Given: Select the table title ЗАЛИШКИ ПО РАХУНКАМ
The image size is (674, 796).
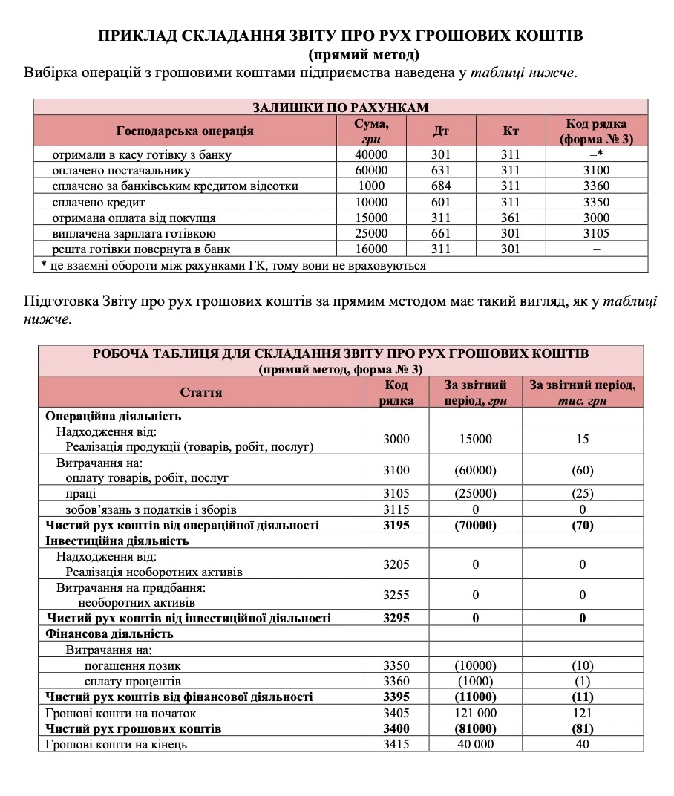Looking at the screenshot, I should pos(341,108).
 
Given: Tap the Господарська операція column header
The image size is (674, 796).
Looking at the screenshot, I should pos(185,131).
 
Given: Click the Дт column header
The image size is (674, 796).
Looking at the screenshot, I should pos(441,131).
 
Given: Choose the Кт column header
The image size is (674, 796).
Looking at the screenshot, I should pos(511,131).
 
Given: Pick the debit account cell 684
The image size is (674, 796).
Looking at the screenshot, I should pos(441,186).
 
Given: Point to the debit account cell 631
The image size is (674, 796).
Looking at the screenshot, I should pos(441,170).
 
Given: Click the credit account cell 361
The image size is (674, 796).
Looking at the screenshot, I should pos(511,218).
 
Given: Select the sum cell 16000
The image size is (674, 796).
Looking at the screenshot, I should pos(372,249).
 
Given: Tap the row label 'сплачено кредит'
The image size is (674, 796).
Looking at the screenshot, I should pos(98,202).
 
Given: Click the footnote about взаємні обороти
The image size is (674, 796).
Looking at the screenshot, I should pos(233,265).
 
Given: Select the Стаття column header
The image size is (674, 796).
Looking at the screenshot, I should pos(200,391).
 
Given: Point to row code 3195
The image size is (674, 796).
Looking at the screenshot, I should pos(396,525).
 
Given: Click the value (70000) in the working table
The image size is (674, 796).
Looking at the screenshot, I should pos(475,525).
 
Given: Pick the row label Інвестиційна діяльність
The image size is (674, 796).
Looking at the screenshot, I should pos(117,541).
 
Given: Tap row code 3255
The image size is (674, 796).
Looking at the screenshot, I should pos(396,595).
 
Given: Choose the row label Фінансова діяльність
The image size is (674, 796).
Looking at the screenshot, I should pos(110,633).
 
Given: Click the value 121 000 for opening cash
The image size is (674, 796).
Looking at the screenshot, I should pos(475,713).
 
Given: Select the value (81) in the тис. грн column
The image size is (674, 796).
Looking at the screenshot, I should pos(582,728).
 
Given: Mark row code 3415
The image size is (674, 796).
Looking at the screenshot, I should pos(396,744).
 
